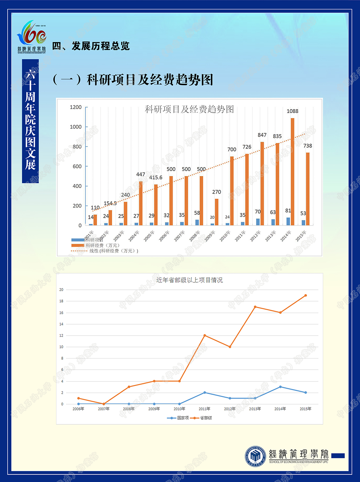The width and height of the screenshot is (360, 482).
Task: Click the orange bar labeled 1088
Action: (292, 172)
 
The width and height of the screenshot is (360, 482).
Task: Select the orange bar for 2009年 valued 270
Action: (217, 212)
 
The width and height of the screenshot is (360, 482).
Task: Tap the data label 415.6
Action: (156, 178)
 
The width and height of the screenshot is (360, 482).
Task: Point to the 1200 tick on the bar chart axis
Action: (76, 107)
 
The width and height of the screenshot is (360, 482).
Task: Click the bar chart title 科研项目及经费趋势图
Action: (189, 109)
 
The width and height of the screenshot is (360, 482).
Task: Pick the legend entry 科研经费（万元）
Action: (102, 245)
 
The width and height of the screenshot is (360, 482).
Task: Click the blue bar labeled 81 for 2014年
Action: (288, 221)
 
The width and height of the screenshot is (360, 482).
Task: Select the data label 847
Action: (262, 135)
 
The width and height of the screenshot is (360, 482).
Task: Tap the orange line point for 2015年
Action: (306, 295)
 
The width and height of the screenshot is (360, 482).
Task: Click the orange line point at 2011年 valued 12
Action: (204, 335)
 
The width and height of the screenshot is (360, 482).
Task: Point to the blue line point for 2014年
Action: (280, 387)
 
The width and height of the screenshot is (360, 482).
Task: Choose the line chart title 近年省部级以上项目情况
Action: (189, 280)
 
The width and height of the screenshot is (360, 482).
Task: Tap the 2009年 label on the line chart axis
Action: (154, 409)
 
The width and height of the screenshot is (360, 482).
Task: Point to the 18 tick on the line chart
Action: (61, 301)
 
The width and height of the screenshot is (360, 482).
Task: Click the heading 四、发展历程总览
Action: (91, 46)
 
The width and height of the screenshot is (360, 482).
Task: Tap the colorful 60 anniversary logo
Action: (32, 36)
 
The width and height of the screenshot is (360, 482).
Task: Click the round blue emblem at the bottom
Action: (255, 456)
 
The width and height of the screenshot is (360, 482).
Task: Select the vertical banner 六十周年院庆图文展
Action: (30, 121)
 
